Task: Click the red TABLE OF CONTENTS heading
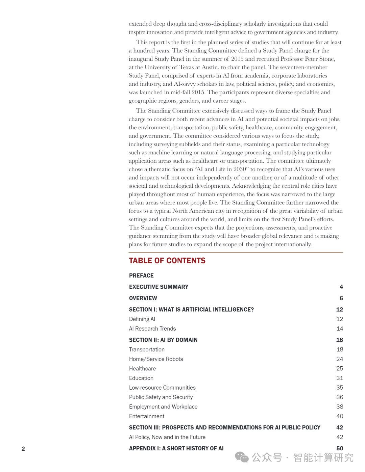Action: [167, 261]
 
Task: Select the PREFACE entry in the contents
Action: [141, 276]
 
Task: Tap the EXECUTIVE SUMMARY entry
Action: [159, 287]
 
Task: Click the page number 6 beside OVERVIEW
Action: [341, 298]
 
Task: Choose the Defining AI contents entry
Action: [142, 319]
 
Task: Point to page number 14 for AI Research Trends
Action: [340, 329]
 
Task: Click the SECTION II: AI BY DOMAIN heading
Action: [163, 340]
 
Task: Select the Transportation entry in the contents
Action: [147, 349]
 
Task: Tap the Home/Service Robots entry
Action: [156, 359]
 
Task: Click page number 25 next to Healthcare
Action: [340, 368]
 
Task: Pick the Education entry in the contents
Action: [141, 378]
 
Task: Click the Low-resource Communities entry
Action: [162, 388]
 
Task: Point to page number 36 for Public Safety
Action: [340, 397]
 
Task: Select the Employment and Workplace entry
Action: [163, 407]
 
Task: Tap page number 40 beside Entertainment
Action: [340, 416]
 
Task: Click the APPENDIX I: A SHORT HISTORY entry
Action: [176, 448]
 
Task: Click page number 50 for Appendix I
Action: [340, 448]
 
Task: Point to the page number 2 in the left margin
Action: [23, 449]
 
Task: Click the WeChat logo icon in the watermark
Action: [242, 457]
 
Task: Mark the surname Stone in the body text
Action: [326, 59]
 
